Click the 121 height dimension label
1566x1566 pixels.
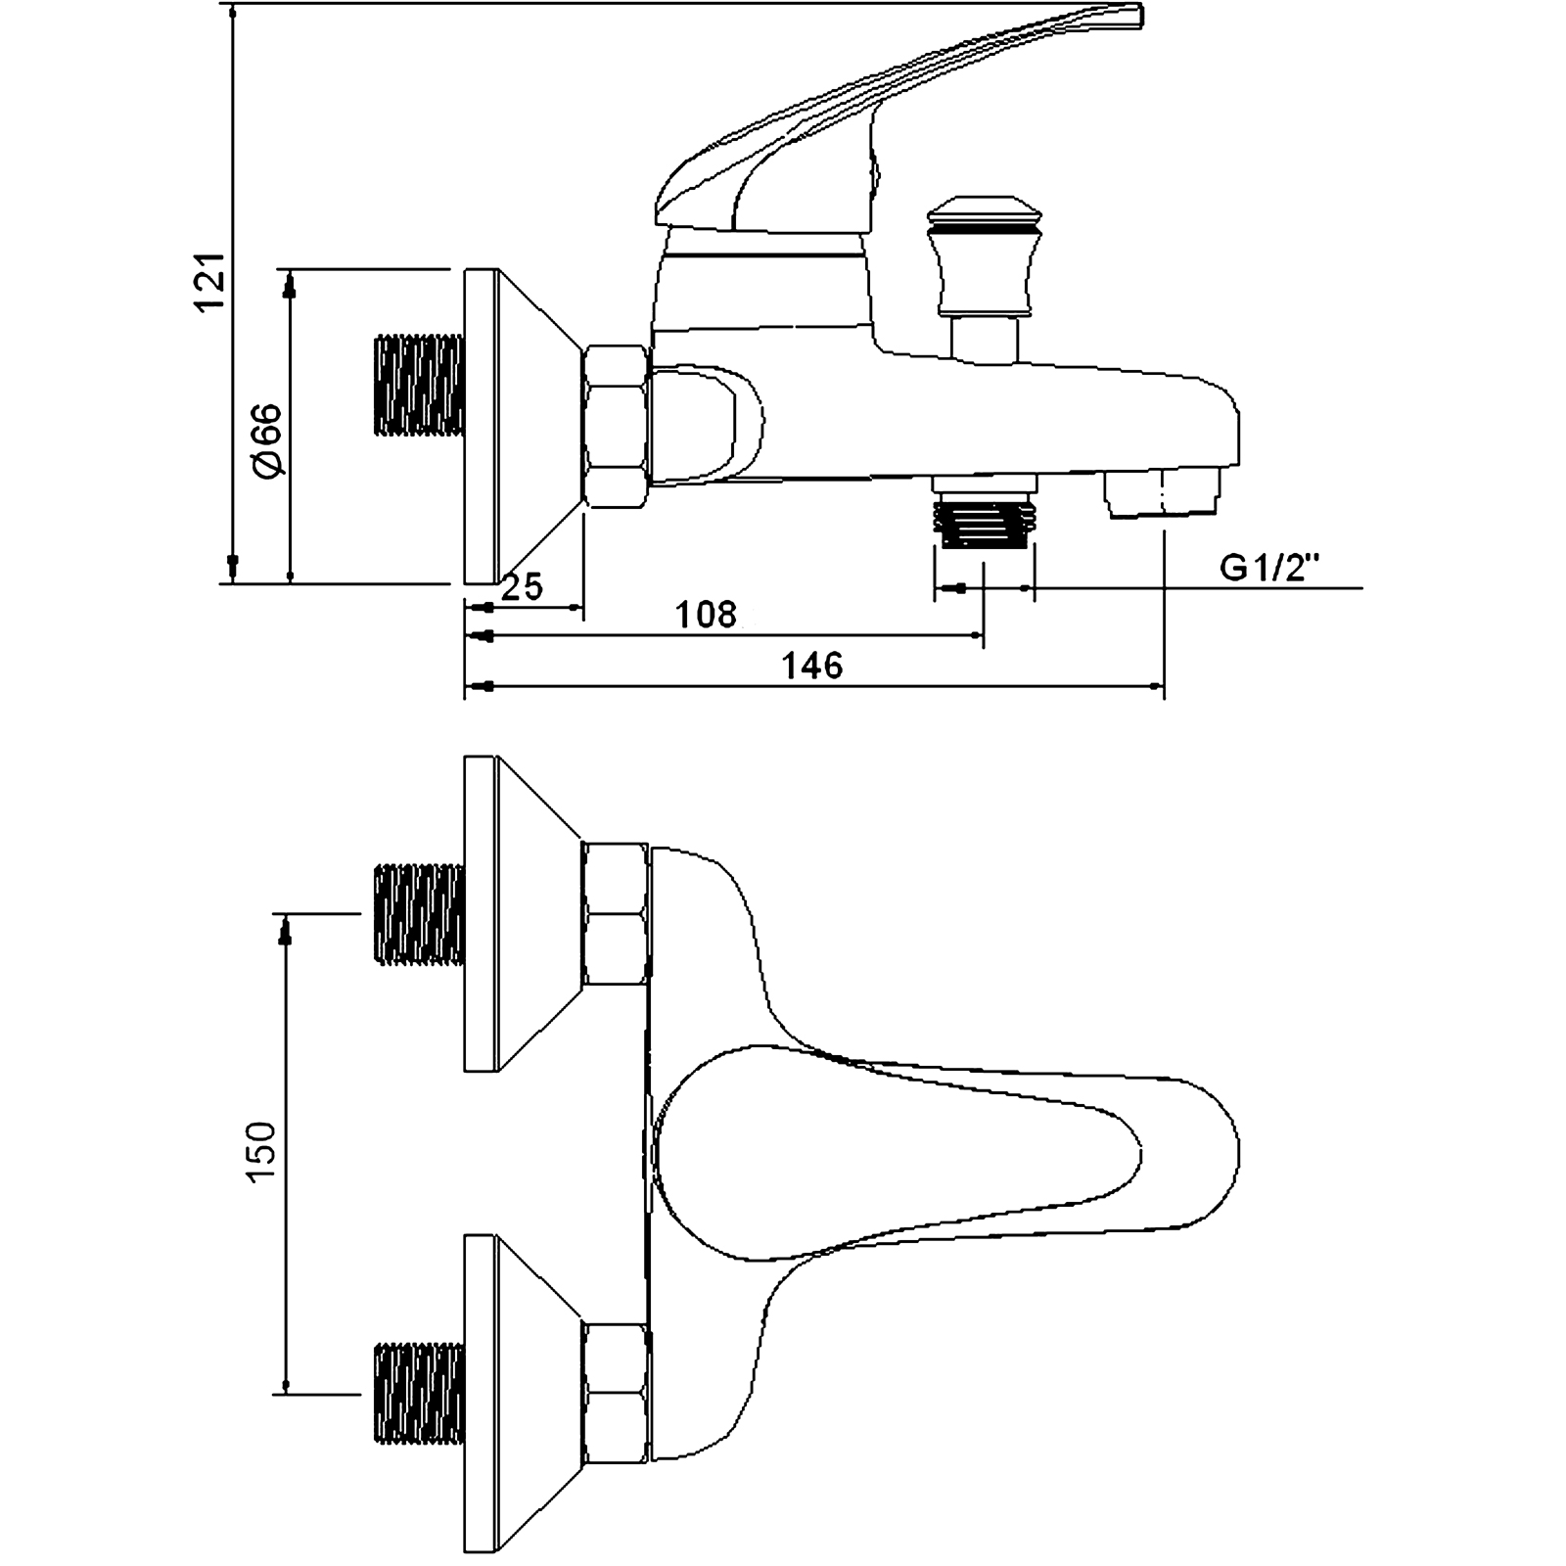point(213,283)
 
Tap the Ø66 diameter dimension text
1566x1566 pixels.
point(266,440)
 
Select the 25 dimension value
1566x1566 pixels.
point(522,587)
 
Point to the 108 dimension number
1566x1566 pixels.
point(706,615)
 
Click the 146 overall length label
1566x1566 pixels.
point(812,666)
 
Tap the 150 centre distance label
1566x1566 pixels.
point(262,1152)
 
